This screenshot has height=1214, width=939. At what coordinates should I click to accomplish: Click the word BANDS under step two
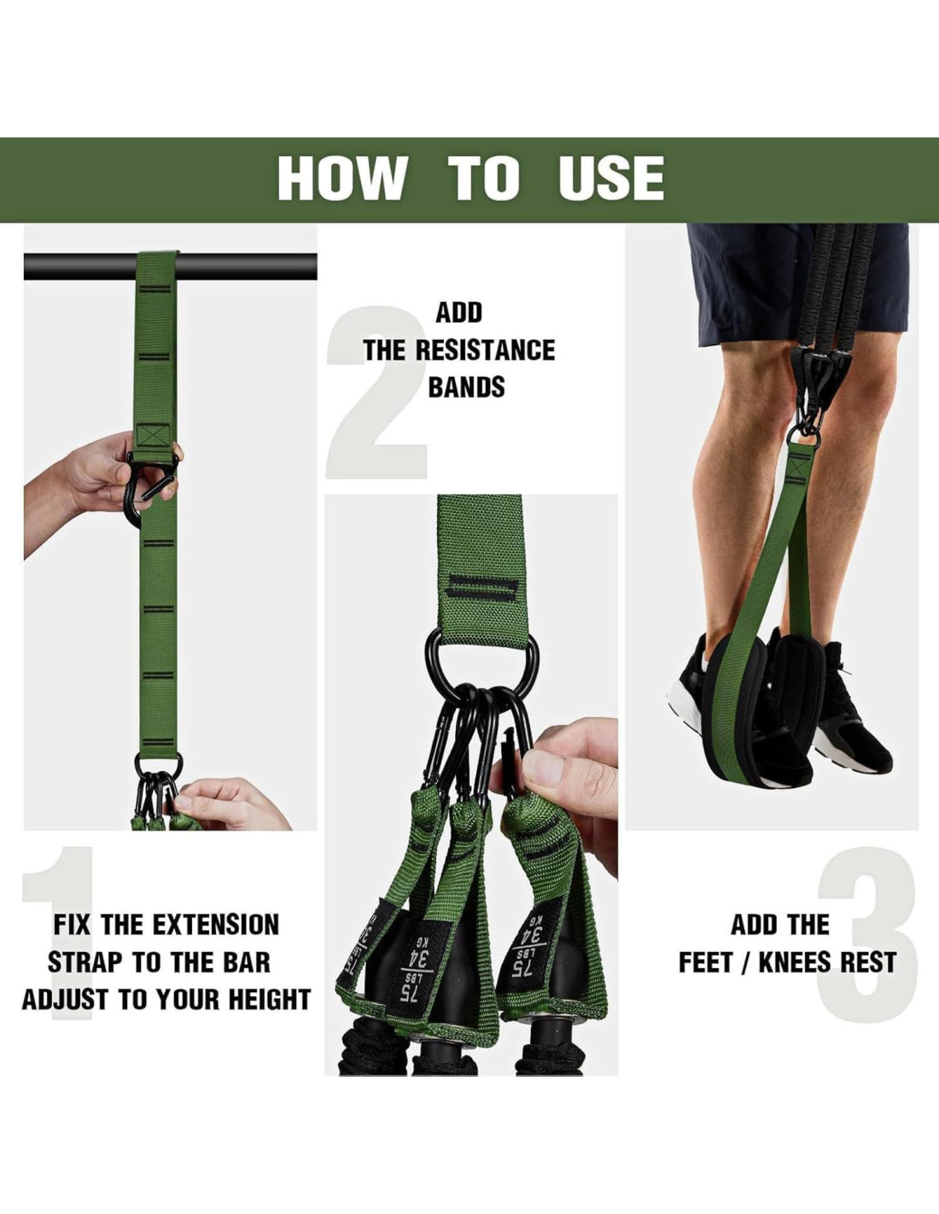[466, 387]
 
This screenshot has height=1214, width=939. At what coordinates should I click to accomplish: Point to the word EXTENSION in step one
[216, 925]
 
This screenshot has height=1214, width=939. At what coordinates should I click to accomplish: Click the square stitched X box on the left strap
[153, 435]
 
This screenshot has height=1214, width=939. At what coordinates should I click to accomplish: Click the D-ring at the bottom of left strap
[158, 763]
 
